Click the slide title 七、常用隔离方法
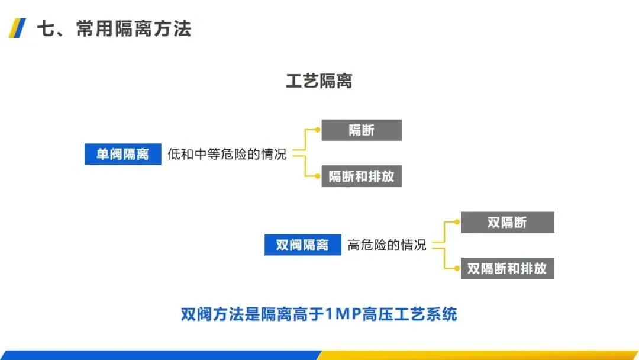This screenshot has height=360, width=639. [114, 28]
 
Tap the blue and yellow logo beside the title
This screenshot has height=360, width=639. [17, 28]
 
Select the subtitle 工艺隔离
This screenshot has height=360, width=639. [319, 81]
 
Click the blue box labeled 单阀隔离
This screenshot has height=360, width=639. [122, 155]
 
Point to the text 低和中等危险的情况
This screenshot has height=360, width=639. [227, 155]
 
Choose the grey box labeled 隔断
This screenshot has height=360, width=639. [362, 130]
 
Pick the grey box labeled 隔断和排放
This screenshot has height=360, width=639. [362, 176]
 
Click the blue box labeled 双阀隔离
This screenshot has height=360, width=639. [302, 245]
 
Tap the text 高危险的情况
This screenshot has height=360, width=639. [387, 245]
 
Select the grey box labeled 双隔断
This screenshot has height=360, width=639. [507, 223]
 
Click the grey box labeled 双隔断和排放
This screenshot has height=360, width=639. [507, 268]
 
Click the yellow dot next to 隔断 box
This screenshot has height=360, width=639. [317, 130]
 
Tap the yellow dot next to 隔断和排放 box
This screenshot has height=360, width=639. [317, 176]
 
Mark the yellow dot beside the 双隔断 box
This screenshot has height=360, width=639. [457, 222]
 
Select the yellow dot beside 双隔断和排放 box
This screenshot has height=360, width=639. [457, 268]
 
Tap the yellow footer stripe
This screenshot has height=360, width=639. [479, 355]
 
